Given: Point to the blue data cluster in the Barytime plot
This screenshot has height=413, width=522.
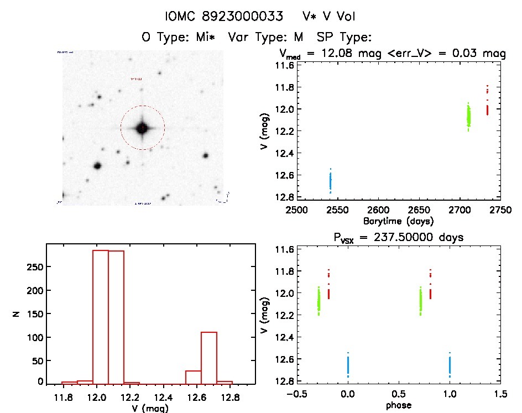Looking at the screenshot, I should [330, 181].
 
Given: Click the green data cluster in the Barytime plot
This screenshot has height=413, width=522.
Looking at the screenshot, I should [468, 116].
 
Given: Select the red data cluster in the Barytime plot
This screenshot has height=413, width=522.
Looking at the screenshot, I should [487, 105].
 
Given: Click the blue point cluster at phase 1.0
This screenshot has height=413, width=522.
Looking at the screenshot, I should [450, 365].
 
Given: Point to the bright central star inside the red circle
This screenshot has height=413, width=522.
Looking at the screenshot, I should [143, 128].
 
